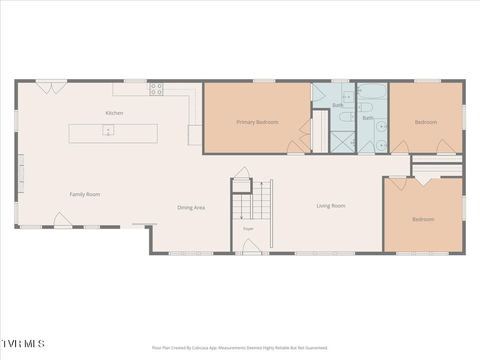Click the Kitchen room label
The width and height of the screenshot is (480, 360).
point(114,113)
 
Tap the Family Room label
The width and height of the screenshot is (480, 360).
point(85,194)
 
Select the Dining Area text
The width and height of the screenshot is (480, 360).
point(191,208)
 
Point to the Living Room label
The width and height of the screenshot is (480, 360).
point(331,206)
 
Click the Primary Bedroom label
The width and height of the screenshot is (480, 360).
point(257,122)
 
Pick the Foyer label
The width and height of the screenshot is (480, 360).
point(248,229)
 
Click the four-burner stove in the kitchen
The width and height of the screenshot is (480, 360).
point(156,89)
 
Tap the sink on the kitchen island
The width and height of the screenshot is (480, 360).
point(108,130)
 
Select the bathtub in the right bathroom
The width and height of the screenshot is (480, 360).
point(372,91)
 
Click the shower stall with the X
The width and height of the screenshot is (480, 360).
point(342,142)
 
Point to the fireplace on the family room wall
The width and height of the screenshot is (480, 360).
point(21,174)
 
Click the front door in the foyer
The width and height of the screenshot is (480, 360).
point(252,247)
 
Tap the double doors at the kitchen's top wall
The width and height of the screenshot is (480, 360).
point(51,87)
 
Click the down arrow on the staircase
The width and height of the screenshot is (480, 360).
point(242,206)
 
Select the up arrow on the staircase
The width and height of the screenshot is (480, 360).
point(261,200)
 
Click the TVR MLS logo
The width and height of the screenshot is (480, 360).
point(23,344)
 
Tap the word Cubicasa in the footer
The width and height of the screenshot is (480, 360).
point(200,348)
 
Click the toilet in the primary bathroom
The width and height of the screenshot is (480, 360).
point(347,117)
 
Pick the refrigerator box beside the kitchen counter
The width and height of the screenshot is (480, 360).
point(195,135)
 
